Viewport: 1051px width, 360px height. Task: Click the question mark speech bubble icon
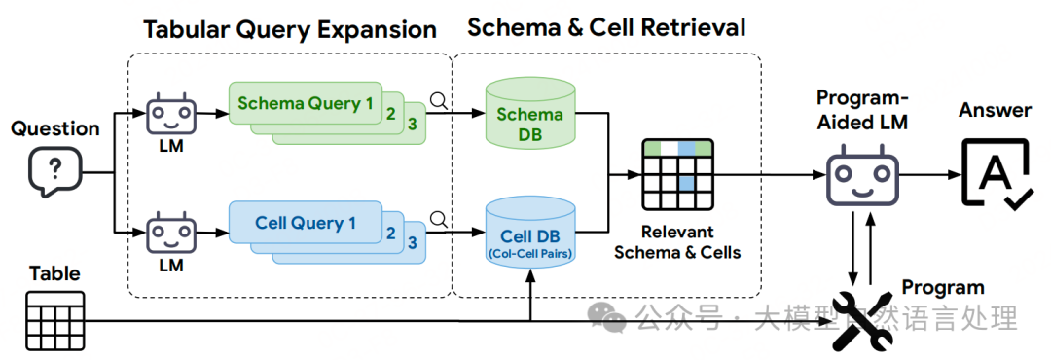coord(54,171)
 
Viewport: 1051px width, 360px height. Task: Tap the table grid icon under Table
coord(54,320)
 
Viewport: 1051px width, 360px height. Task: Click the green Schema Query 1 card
coord(305,103)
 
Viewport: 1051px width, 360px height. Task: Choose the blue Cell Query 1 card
coord(305,223)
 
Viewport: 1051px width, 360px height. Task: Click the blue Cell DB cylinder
coord(530,232)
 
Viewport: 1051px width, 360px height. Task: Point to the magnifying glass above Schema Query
coord(439,101)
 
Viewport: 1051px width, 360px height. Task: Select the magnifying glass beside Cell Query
coord(439,219)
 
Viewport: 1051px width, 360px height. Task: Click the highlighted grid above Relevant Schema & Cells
coord(677,174)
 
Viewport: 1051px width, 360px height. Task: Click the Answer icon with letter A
coord(995,173)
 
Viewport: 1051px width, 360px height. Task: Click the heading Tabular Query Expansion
coord(290,29)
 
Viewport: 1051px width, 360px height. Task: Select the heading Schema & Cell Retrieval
coord(606,27)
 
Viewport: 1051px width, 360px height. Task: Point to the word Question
coord(54,128)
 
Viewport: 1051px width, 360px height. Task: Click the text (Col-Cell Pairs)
coord(530,253)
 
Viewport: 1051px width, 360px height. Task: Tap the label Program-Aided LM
coord(862,111)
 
